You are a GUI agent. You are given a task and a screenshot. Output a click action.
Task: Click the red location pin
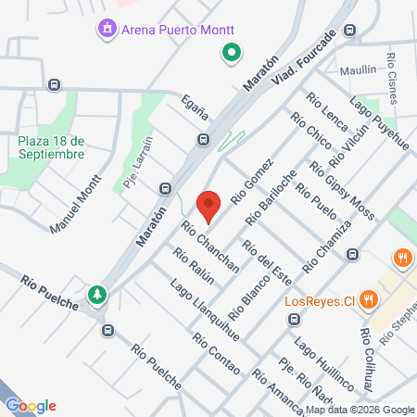[x=209, y=205]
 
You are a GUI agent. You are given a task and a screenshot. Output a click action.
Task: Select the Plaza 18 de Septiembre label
[x=52, y=146]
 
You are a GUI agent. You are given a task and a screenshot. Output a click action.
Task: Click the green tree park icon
[x=97, y=295]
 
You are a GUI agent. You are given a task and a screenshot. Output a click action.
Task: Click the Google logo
[x=31, y=405]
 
